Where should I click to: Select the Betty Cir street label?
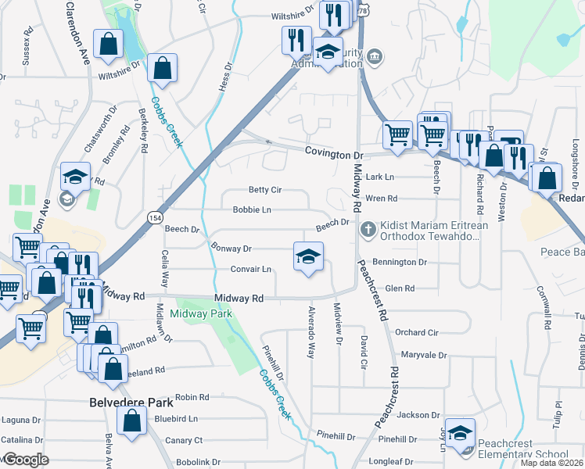click(264, 190)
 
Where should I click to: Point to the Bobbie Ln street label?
click(252, 209)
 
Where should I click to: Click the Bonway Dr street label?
click(231, 249)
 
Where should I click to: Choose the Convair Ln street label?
click(250, 270)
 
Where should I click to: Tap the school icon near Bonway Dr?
click(309, 256)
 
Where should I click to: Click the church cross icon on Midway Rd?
click(368, 230)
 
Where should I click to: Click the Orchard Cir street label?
click(416, 332)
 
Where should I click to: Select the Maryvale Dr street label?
click(423, 355)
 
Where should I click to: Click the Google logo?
click(25, 460)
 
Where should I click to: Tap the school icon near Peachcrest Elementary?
click(461, 435)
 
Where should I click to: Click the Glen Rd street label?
click(400, 289)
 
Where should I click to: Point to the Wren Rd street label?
click(382, 199)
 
